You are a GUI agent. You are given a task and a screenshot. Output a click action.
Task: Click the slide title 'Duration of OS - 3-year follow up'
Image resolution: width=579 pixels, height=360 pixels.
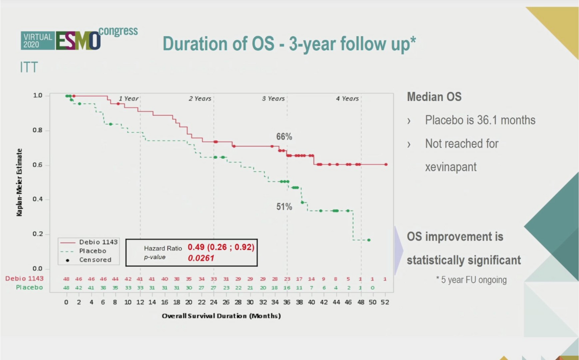[289, 43]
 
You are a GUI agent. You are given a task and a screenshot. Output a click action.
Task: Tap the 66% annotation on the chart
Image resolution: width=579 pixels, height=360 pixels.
[284, 137]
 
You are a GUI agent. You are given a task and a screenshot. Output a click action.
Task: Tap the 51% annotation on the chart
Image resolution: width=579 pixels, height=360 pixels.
[284, 207]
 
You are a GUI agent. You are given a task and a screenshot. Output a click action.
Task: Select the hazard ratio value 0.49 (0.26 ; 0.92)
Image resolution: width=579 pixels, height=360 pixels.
[221, 247]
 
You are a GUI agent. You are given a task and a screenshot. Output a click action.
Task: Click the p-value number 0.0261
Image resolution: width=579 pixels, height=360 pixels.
[201, 258]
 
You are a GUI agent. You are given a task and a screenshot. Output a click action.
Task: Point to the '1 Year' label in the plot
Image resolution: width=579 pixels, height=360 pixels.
[128, 98]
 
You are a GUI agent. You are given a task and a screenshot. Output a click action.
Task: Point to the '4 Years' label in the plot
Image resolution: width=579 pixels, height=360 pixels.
[347, 98]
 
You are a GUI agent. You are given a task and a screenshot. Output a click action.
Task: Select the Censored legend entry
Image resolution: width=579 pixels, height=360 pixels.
[95, 260]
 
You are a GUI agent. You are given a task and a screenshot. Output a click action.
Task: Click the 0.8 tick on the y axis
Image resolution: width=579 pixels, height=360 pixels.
[38, 130]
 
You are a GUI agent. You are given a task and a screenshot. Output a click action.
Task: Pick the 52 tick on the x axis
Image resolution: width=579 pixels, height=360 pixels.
[385, 303]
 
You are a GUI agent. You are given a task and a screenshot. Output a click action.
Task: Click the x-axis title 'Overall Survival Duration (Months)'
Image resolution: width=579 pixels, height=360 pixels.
[221, 316]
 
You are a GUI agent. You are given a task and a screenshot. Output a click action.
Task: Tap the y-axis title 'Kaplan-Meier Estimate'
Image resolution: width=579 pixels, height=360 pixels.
[20, 182]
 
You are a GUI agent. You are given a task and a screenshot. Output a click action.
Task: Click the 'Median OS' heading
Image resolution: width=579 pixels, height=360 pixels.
[434, 97]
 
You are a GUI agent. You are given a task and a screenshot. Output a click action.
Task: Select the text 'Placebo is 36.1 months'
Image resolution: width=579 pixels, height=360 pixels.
[480, 120]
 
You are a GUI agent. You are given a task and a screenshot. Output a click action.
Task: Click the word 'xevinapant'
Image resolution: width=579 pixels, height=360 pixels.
[450, 167]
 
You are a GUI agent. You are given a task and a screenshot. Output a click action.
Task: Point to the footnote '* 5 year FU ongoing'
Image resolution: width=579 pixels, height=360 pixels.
[471, 280]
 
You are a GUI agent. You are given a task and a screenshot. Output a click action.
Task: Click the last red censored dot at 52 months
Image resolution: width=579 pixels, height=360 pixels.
[386, 165]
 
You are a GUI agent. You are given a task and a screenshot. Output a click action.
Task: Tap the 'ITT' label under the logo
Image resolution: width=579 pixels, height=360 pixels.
[28, 68]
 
